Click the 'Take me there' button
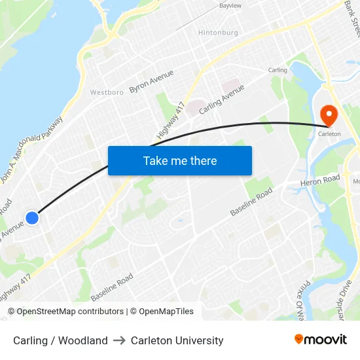[x=180, y=160]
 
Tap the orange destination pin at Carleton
[x=329, y=116]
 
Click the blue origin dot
[x=31, y=217]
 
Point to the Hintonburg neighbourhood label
[x=218, y=32]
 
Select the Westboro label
[x=107, y=92]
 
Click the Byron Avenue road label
[x=151, y=81]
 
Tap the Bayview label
[x=230, y=5]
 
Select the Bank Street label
[x=351, y=20]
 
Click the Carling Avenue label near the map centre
[x=221, y=99]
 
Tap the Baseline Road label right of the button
[x=251, y=202]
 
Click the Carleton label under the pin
[x=329, y=134]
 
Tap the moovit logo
[x=321, y=340]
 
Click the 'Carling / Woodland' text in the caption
[x=60, y=340]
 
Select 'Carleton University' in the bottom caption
[x=177, y=340]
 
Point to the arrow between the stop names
[x=119, y=340]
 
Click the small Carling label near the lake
[x=278, y=70]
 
